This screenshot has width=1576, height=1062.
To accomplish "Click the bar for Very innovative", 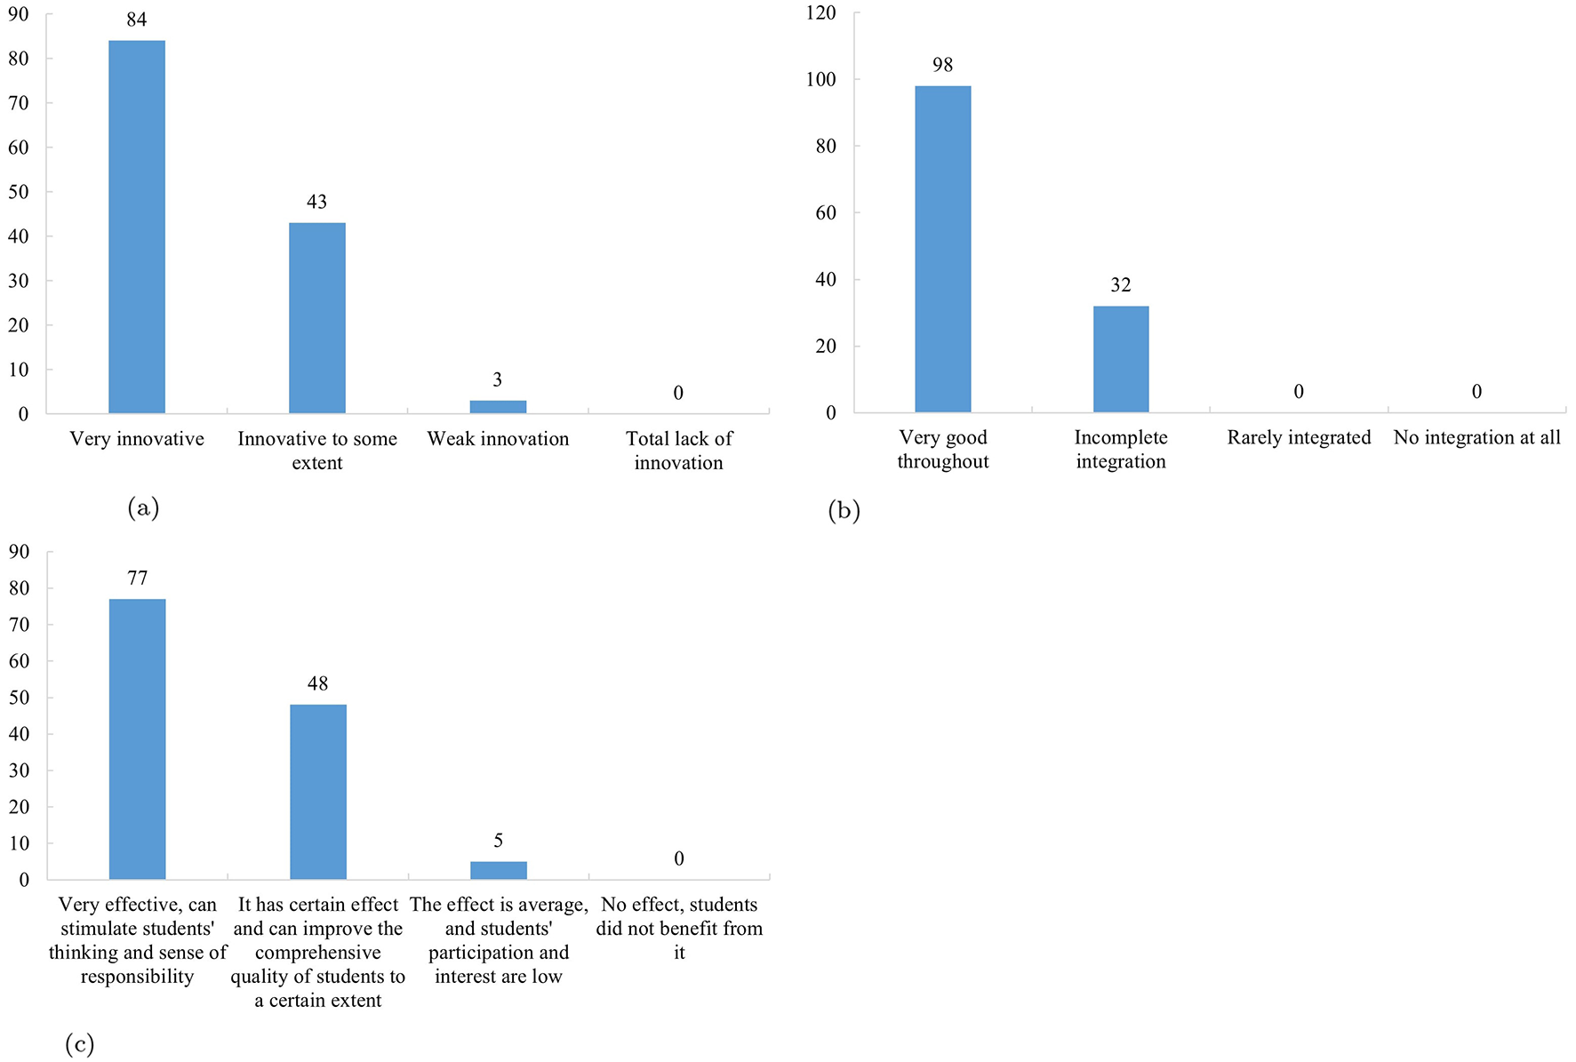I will [137, 227].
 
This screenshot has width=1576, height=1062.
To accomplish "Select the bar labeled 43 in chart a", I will [317, 318].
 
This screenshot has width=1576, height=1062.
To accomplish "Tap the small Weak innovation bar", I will [498, 407].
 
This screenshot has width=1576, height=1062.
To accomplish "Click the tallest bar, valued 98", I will [942, 249].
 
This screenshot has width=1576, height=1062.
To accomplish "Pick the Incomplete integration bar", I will [1120, 359].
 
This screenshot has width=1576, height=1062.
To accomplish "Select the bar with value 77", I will [137, 739].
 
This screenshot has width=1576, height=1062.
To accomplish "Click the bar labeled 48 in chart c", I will [318, 791].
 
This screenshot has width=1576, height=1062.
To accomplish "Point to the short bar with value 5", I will [498, 870].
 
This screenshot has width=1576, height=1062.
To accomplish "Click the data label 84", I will [137, 20].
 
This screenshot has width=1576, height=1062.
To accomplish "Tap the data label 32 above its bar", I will [1120, 285].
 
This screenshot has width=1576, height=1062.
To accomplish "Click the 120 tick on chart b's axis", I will [820, 12].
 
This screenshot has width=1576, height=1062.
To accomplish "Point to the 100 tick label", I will [820, 79].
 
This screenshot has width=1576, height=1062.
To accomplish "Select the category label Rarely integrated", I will [1299, 437].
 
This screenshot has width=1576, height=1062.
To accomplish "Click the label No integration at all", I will [1476, 437].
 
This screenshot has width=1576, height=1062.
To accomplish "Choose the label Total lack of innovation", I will [678, 451].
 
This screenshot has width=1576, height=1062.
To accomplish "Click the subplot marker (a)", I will [143, 507].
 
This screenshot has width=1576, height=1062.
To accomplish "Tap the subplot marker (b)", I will [844, 510].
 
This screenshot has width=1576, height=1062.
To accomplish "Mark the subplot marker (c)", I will [79, 1044].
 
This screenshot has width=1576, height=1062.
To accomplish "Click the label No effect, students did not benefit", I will [679, 928].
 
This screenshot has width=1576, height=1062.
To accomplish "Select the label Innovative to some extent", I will [317, 451].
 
